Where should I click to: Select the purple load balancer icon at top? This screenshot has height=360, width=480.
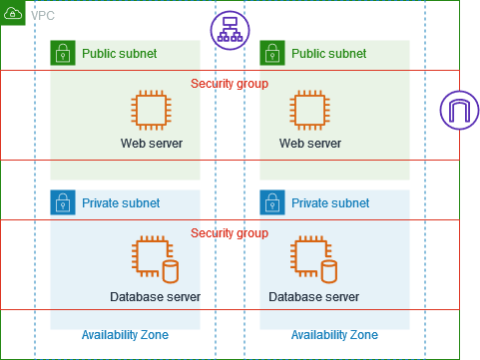(229, 31)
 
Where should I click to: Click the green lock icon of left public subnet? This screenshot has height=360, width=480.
(63, 53)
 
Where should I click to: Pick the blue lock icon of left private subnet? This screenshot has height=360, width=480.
(63, 202)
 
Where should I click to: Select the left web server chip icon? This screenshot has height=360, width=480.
(151, 109)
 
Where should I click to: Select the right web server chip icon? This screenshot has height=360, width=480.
(308, 109)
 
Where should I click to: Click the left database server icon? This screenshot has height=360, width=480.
(154, 259)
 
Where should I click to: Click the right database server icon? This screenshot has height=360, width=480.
(312, 259)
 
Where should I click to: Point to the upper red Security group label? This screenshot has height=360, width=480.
(229, 83)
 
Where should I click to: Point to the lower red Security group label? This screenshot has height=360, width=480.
(229, 232)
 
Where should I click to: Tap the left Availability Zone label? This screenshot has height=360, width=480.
(125, 334)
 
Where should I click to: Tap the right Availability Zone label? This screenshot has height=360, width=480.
(333, 334)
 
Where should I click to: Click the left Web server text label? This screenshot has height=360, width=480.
(152, 144)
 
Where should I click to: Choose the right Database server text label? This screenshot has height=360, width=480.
(313, 296)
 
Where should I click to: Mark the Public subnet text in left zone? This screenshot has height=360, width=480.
(119, 53)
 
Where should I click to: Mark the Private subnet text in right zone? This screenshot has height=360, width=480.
(328, 202)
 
